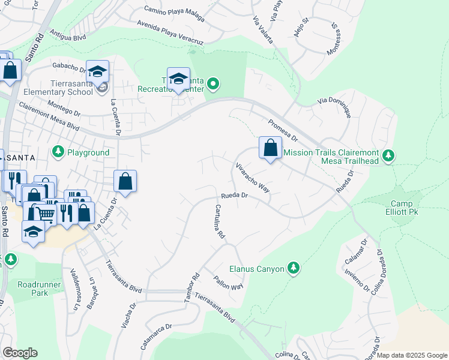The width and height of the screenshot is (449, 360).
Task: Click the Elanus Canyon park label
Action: [256, 269]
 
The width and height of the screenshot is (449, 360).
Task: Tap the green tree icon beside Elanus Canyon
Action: [293, 267]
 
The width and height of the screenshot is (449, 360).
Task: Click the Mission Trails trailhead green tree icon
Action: [388, 156]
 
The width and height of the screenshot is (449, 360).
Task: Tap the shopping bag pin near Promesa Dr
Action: [271, 148]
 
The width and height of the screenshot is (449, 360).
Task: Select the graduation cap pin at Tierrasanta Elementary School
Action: [97, 73]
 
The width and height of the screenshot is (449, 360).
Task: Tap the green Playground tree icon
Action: [58, 152]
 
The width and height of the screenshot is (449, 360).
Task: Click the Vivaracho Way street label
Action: [252, 177]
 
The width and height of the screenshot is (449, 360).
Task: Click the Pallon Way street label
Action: [228, 283]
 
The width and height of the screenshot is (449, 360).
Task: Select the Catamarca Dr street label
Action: [157, 334]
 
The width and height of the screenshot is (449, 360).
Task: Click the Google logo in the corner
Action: [20, 353]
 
